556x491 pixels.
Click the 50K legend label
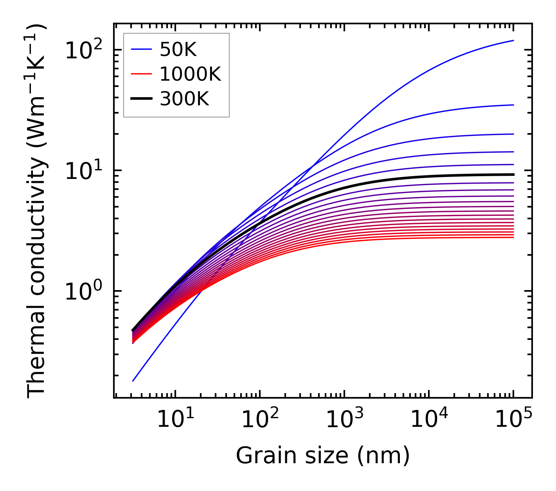click(x=178, y=49)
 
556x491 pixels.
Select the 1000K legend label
click(x=190, y=74)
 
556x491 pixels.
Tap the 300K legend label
click(x=184, y=99)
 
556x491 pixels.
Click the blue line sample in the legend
click(x=141, y=49)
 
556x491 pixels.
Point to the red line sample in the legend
click(x=141, y=74)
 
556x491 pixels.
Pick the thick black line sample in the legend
click(x=141, y=99)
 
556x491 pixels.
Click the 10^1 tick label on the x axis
click(x=175, y=420)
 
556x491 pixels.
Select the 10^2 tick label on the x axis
click(x=260, y=420)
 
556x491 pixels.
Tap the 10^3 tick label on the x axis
click(x=344, y=420)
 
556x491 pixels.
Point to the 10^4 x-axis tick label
click(x=429, y=420)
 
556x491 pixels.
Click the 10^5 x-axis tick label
click(x=513, y=420)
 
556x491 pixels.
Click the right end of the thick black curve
click(x=513, y=175)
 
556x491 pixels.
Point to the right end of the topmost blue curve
click(x=513, y=40)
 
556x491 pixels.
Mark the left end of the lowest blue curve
click(x=133, y=381)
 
